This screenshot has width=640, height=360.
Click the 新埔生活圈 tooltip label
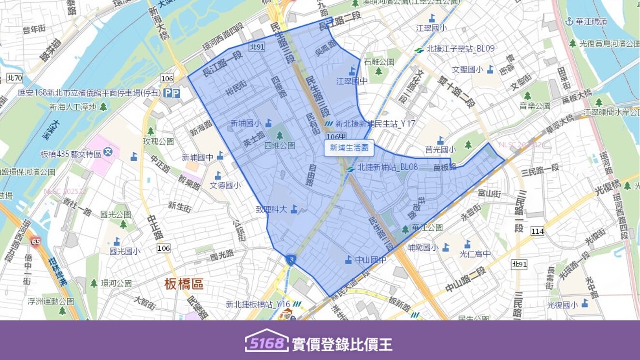pyautogui.click(x=349, y=148)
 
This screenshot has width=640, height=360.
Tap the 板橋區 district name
pyautogui.click(x=184, y=284)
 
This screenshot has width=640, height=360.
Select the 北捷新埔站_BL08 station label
pyautogui.click(x=387, y=167)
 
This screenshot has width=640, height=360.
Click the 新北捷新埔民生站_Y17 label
pyautogui.click(x=375, y=124)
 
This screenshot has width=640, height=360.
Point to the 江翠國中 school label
pyautogui.click(x=352, y=81)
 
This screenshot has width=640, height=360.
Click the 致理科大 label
pyautogui.click(x=272, y=209)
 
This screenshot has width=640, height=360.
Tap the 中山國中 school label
pyautogui.click(x=371, y=260)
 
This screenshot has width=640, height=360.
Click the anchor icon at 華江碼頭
pyautogui.click(x=569, y=21)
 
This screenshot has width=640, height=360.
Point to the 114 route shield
pyautogui.click(x=538, y=231)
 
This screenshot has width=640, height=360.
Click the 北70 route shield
pyautogui.click(x=15, y=78)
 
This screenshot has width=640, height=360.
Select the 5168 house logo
pyautogui.click(x=266, y=341)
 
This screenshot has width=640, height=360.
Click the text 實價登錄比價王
pyautogui.click(x=342, y=344)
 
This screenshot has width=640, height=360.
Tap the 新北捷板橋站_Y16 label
pyautogui.click(x=258, y=304)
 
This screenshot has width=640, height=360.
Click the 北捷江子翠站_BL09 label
pyautogui.click(x=461, y=49)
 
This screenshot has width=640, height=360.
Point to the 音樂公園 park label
pyautogui.click(x=535, y=106)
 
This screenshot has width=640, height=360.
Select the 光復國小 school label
pyautogui.click(x=562, y=305)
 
